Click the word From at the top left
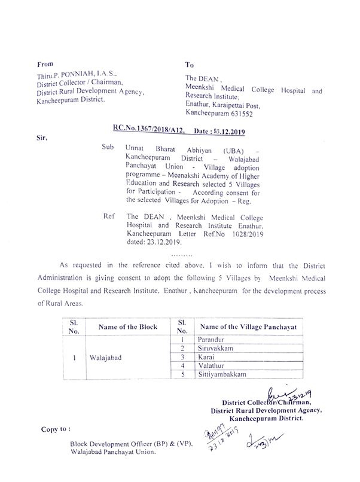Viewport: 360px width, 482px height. (x=45, y=63)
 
